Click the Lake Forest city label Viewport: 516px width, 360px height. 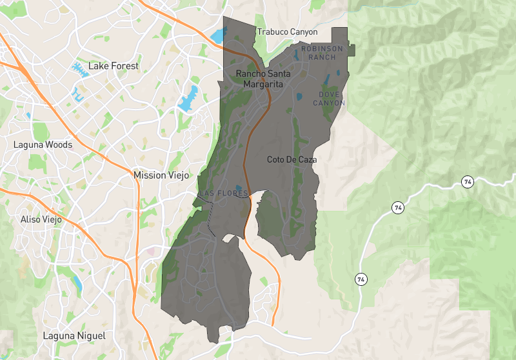(x=113, y=66)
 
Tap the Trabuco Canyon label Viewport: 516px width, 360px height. (x=287, y=32)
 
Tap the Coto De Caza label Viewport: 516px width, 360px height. (x=292, y=159)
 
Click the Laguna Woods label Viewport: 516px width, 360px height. (x=43, y=145)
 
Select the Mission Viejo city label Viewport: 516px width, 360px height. (x=159, y=175)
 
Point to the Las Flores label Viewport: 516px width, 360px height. (x=223, y=194)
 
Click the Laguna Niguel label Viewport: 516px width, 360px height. (x=74, y=335)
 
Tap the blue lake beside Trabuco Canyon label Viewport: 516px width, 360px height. (x=215, y=36)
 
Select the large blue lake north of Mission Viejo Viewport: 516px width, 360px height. (x=188, y=98)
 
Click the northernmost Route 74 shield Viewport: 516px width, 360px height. (x=467, y=182)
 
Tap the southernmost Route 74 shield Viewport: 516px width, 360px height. (x=360, y=279)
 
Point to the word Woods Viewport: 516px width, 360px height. (x=58, y=145)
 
